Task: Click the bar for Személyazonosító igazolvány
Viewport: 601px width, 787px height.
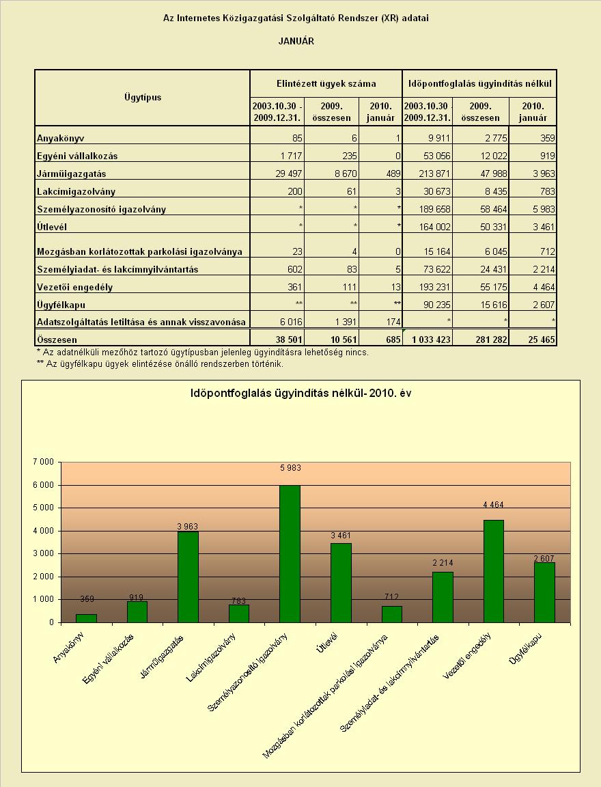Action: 290,553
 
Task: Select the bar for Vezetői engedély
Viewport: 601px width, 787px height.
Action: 494,571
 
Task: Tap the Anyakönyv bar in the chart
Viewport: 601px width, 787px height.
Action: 86,618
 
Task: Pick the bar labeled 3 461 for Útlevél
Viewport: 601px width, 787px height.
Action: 341,583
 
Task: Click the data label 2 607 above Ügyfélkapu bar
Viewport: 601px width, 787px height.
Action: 544,558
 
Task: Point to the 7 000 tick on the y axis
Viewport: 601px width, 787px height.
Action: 44,462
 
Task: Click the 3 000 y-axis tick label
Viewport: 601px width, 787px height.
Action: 44,553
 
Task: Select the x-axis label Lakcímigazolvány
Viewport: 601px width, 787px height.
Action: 211,657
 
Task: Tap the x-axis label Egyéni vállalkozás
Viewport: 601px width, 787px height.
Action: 108,659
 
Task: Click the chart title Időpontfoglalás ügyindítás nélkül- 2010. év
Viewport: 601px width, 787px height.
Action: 300,393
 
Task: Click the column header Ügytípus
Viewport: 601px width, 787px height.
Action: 143,98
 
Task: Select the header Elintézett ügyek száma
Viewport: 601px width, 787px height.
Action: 326,84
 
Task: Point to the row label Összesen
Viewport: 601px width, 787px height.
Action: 57,340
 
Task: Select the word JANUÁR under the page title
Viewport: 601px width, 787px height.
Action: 296,41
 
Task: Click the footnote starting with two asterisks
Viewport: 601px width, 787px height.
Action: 160,364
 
